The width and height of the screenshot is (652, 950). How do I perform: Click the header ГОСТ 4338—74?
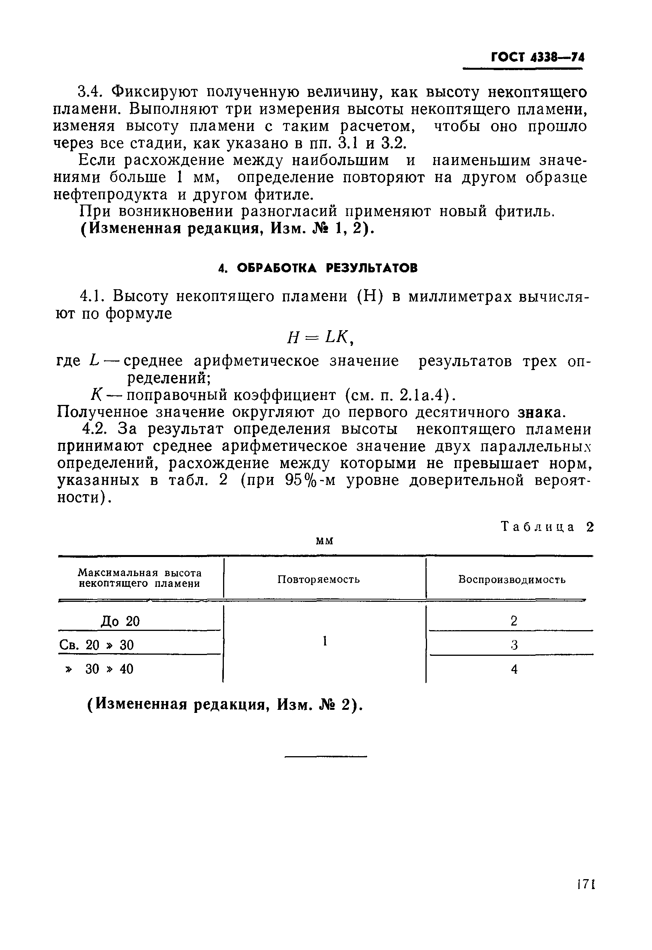point(537,57)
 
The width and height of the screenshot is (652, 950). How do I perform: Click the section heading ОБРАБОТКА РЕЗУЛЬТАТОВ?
point(318,268)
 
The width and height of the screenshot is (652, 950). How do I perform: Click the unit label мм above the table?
point(325,541)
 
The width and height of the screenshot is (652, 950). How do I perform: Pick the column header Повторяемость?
point(318,579)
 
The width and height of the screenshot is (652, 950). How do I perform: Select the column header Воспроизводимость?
point(511,579)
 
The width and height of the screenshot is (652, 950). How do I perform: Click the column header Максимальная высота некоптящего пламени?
point(140,578)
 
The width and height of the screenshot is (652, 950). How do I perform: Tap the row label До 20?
point(120,622)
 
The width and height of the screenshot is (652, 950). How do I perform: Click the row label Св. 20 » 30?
point(97,645)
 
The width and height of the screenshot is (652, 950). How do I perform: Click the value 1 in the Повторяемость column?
point(324,641)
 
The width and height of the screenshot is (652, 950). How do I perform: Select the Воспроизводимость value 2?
point(514,621)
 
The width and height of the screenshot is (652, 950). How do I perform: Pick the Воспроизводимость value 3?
point(514,645)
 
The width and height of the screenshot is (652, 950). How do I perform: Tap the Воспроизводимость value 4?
point(514,669)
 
